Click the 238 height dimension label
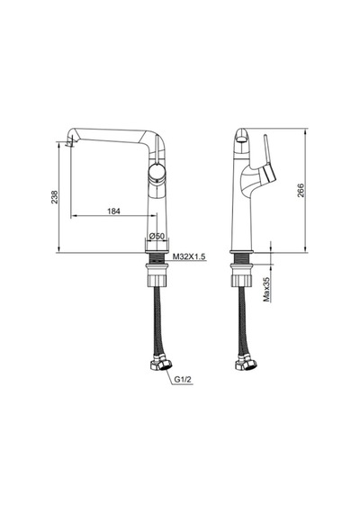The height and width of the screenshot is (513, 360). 54,197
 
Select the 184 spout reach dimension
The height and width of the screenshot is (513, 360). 113,211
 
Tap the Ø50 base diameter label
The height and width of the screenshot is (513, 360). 157,236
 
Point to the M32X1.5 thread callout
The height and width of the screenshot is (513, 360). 189,256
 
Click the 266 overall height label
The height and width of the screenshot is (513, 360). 301,191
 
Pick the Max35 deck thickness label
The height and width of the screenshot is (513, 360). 267,289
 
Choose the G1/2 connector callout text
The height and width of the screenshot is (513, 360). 183,380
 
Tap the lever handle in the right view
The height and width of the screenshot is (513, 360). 269,161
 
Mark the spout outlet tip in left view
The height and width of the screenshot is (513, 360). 69,142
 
